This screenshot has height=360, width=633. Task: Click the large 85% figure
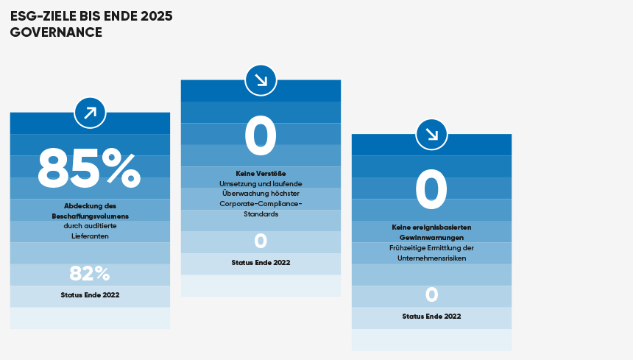(89, 169)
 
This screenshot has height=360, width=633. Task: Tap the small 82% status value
(90, 273)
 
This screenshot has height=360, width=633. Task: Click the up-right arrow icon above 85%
(90, 113)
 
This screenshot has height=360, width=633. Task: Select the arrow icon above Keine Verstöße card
(261, 80)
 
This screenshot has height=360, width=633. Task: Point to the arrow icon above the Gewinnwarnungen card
(431, 135)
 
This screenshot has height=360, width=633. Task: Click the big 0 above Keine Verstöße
(261, 135)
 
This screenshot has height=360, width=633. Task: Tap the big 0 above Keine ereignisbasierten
(431, 190)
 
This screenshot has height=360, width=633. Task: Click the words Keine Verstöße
(261, 174)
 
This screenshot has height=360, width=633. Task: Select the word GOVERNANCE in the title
(56, 32)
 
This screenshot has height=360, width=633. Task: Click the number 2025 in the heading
(157, 16)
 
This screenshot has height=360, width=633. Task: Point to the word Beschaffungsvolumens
(90, 216)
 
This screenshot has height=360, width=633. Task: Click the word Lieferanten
(90, 236)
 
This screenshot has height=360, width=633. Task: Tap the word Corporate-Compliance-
(261, 204)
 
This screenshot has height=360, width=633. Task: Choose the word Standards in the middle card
(261, 214)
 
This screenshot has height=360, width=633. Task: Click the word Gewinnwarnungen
(431, 238)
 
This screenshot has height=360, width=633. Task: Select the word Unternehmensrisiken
(431, 258)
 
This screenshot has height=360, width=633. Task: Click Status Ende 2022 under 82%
(90, 295)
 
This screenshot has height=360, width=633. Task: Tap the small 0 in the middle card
(261, 241)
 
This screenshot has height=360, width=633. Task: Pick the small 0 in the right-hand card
(431, 294)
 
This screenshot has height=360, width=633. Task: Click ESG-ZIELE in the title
(43, 16)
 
